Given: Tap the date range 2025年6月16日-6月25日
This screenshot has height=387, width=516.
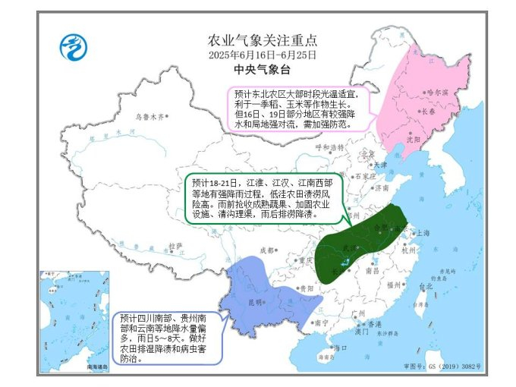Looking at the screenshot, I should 262,55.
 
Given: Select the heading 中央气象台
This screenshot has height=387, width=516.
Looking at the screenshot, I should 262,70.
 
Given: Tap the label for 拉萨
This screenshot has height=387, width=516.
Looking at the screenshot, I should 175,246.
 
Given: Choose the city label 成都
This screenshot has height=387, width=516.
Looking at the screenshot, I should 266,250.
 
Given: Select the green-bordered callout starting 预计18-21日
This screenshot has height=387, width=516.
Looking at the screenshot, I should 263,199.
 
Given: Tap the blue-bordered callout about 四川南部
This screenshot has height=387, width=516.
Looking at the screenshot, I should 167,337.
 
